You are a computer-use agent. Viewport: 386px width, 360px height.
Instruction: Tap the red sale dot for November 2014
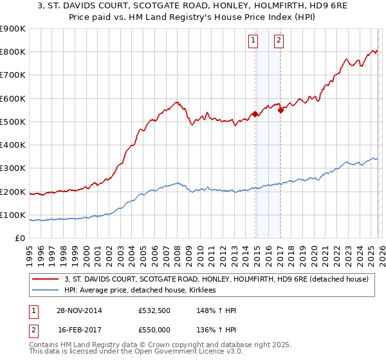click(255, 114)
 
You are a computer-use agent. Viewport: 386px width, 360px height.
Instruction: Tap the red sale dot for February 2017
click(280, 110)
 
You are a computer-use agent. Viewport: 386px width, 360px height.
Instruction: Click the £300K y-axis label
click(13, 168)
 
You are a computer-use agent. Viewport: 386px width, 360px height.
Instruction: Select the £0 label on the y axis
click(21, 239)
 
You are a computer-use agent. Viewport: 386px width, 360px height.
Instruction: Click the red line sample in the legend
click(45, 279)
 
